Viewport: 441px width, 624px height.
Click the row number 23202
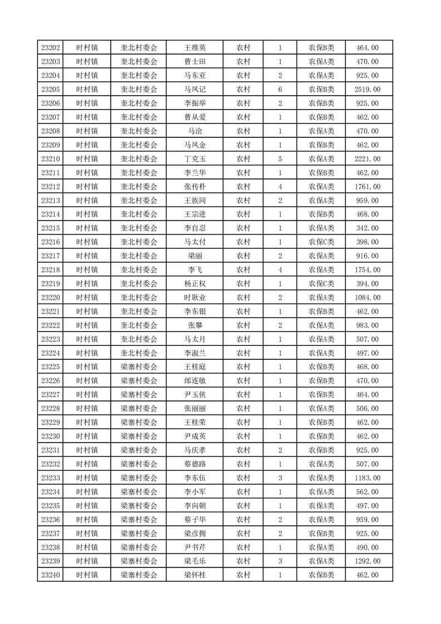pos(51,48)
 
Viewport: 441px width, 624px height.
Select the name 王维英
pos(195,48)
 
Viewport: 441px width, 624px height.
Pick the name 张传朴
pos(195,186)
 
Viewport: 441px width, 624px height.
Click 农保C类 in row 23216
pos(321,242)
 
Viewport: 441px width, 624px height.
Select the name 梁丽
pos(195,256)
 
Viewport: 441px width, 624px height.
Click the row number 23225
pos(51,367)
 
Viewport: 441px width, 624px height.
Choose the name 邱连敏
pos(195,380)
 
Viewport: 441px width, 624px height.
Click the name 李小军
pos(195,492)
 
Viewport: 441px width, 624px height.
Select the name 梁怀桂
pos(195,575)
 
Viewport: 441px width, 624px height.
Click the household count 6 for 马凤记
pos(280,90)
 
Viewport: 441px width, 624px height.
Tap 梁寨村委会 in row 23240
pos(139,575)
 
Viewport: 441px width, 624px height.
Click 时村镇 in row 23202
pos(87,48)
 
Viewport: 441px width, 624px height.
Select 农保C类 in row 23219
pos(321,284)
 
